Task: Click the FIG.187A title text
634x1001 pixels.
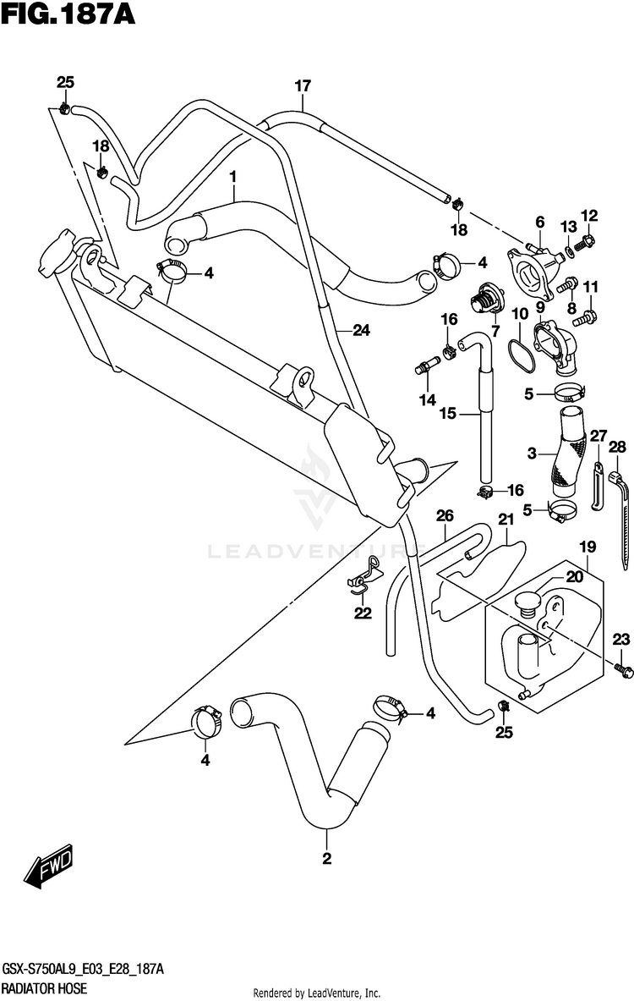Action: (x=68, y=14)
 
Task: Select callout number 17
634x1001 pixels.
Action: (x=303, y=85)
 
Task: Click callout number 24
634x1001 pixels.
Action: (x=362, y=330)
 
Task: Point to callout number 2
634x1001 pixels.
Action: (x=326, y=859)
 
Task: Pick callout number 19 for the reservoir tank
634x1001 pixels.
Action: (x=588, y=547)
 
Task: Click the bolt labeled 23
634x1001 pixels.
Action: (x=624, y=669)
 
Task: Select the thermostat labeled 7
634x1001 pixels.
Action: (x=488, y=299)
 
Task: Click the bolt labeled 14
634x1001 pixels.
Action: (x=428, y=366)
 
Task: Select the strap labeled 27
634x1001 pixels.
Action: (x=597, y=485)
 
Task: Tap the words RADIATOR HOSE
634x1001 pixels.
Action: (x=44, y=989)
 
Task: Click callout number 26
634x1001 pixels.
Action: (x=445, y=516)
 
